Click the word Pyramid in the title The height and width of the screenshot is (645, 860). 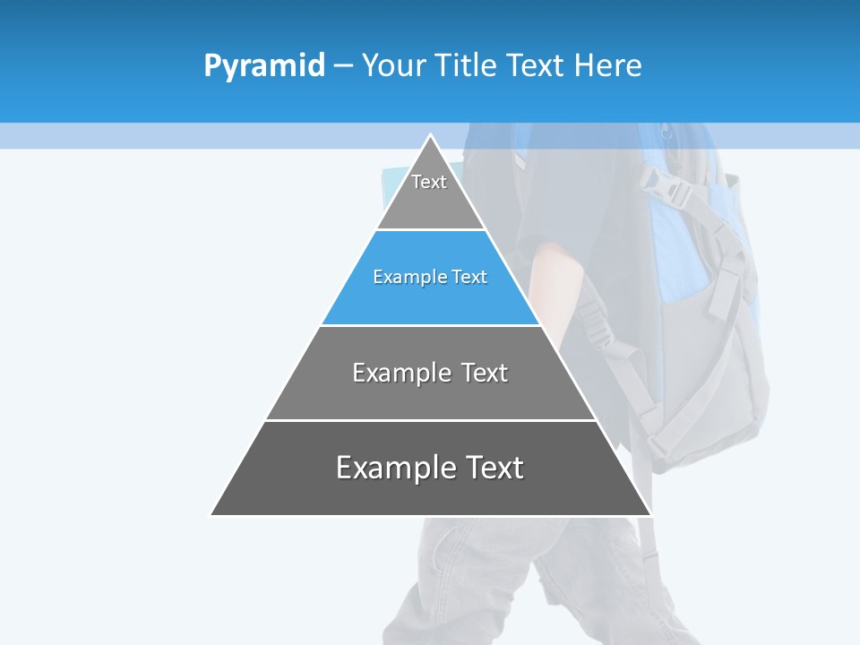pyautogui.click(x=263, y=66)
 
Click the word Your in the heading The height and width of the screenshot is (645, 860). pyautogui.click(x=393, y=66)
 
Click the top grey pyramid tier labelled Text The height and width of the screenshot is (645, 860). pyautogui.click(x=430, y=193)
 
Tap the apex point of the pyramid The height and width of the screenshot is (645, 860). pyautogui.click(x=431, y=136)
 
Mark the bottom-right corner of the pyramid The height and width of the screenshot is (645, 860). pyautogui.click(x=649, y=514)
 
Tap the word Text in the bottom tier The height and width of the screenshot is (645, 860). pyautogui.click(x=492, y=468)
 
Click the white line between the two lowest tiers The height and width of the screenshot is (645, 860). pyautogui.click(x=430, y=420)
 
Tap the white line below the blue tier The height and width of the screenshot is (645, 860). pyautogui.click(x=430, y=325)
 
